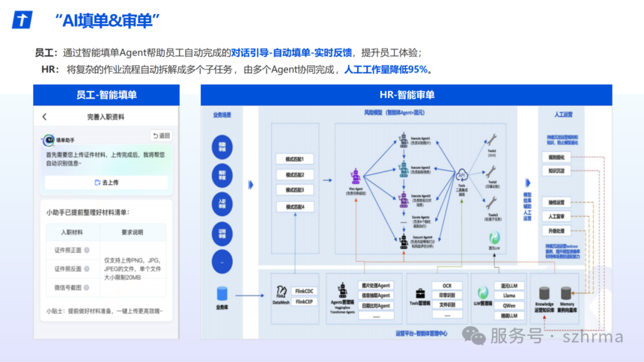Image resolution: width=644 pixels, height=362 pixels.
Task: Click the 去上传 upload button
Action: coord(106,182)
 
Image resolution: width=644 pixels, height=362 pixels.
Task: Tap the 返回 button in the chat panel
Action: coord(161,136)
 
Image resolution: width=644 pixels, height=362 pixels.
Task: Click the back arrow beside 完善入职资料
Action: coord(44,117)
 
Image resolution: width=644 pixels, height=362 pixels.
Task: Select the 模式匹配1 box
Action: coord(294,160)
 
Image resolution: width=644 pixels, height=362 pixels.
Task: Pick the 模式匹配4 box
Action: coord(294,206)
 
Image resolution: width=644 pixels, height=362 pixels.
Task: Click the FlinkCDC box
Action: coord(304,290)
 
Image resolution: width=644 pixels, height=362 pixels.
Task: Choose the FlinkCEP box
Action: coord(304,301)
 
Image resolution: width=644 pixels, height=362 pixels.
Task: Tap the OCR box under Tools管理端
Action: coord(446,286)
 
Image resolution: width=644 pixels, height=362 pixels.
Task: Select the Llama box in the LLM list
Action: coord(509,295)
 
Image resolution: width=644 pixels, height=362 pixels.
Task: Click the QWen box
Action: coord(509,305)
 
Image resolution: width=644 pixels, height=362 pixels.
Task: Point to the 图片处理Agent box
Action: coord(375,286)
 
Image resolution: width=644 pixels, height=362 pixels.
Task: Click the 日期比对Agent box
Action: coord(375,305)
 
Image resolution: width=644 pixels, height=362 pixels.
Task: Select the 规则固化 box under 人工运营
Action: coord(556,157)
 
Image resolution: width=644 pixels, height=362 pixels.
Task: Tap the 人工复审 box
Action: coord(556,216)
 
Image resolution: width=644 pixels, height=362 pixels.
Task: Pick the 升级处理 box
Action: coord(556,231)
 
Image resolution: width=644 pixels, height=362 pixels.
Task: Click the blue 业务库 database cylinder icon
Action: coord(222,293)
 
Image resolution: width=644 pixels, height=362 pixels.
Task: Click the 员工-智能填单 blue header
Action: coord(106,95)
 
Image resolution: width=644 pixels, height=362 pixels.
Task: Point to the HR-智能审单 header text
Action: coord(406,95)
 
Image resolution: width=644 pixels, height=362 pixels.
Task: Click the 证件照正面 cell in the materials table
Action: coord(69,251)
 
